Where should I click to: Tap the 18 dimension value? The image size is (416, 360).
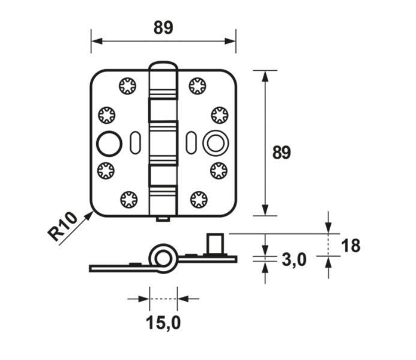point(351,245)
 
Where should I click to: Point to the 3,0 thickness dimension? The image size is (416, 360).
point(294,259)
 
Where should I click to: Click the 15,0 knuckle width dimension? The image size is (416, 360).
point(163,323)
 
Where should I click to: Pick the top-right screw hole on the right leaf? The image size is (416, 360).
point(198,86)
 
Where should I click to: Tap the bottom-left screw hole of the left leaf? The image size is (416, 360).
point(128,198)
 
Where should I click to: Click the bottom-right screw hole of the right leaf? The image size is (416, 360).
point(198,198)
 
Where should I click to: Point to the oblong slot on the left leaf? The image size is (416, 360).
point(134,141)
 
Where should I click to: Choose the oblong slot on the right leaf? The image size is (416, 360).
point(191,141)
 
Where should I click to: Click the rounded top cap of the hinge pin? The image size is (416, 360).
point(163,66)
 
